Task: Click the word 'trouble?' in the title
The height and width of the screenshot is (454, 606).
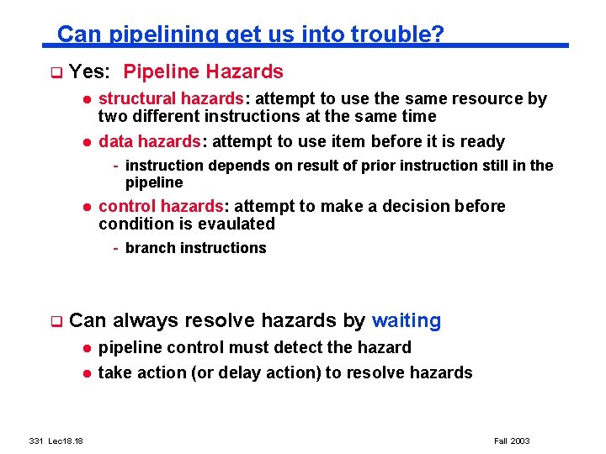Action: click(x=397, y=34)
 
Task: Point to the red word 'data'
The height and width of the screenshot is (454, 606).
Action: click(x=115, y=141)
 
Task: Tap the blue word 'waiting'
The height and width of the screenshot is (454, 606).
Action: click(x=407, y=320)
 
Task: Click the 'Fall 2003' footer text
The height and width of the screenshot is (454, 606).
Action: click(x=511, y=441)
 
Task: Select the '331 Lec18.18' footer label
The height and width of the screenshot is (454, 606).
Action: click(x=61, y=441)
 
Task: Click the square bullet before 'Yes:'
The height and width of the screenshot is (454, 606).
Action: click(x=56, y=73)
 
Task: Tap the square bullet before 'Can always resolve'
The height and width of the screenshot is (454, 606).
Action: click(x=56, y=321)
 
